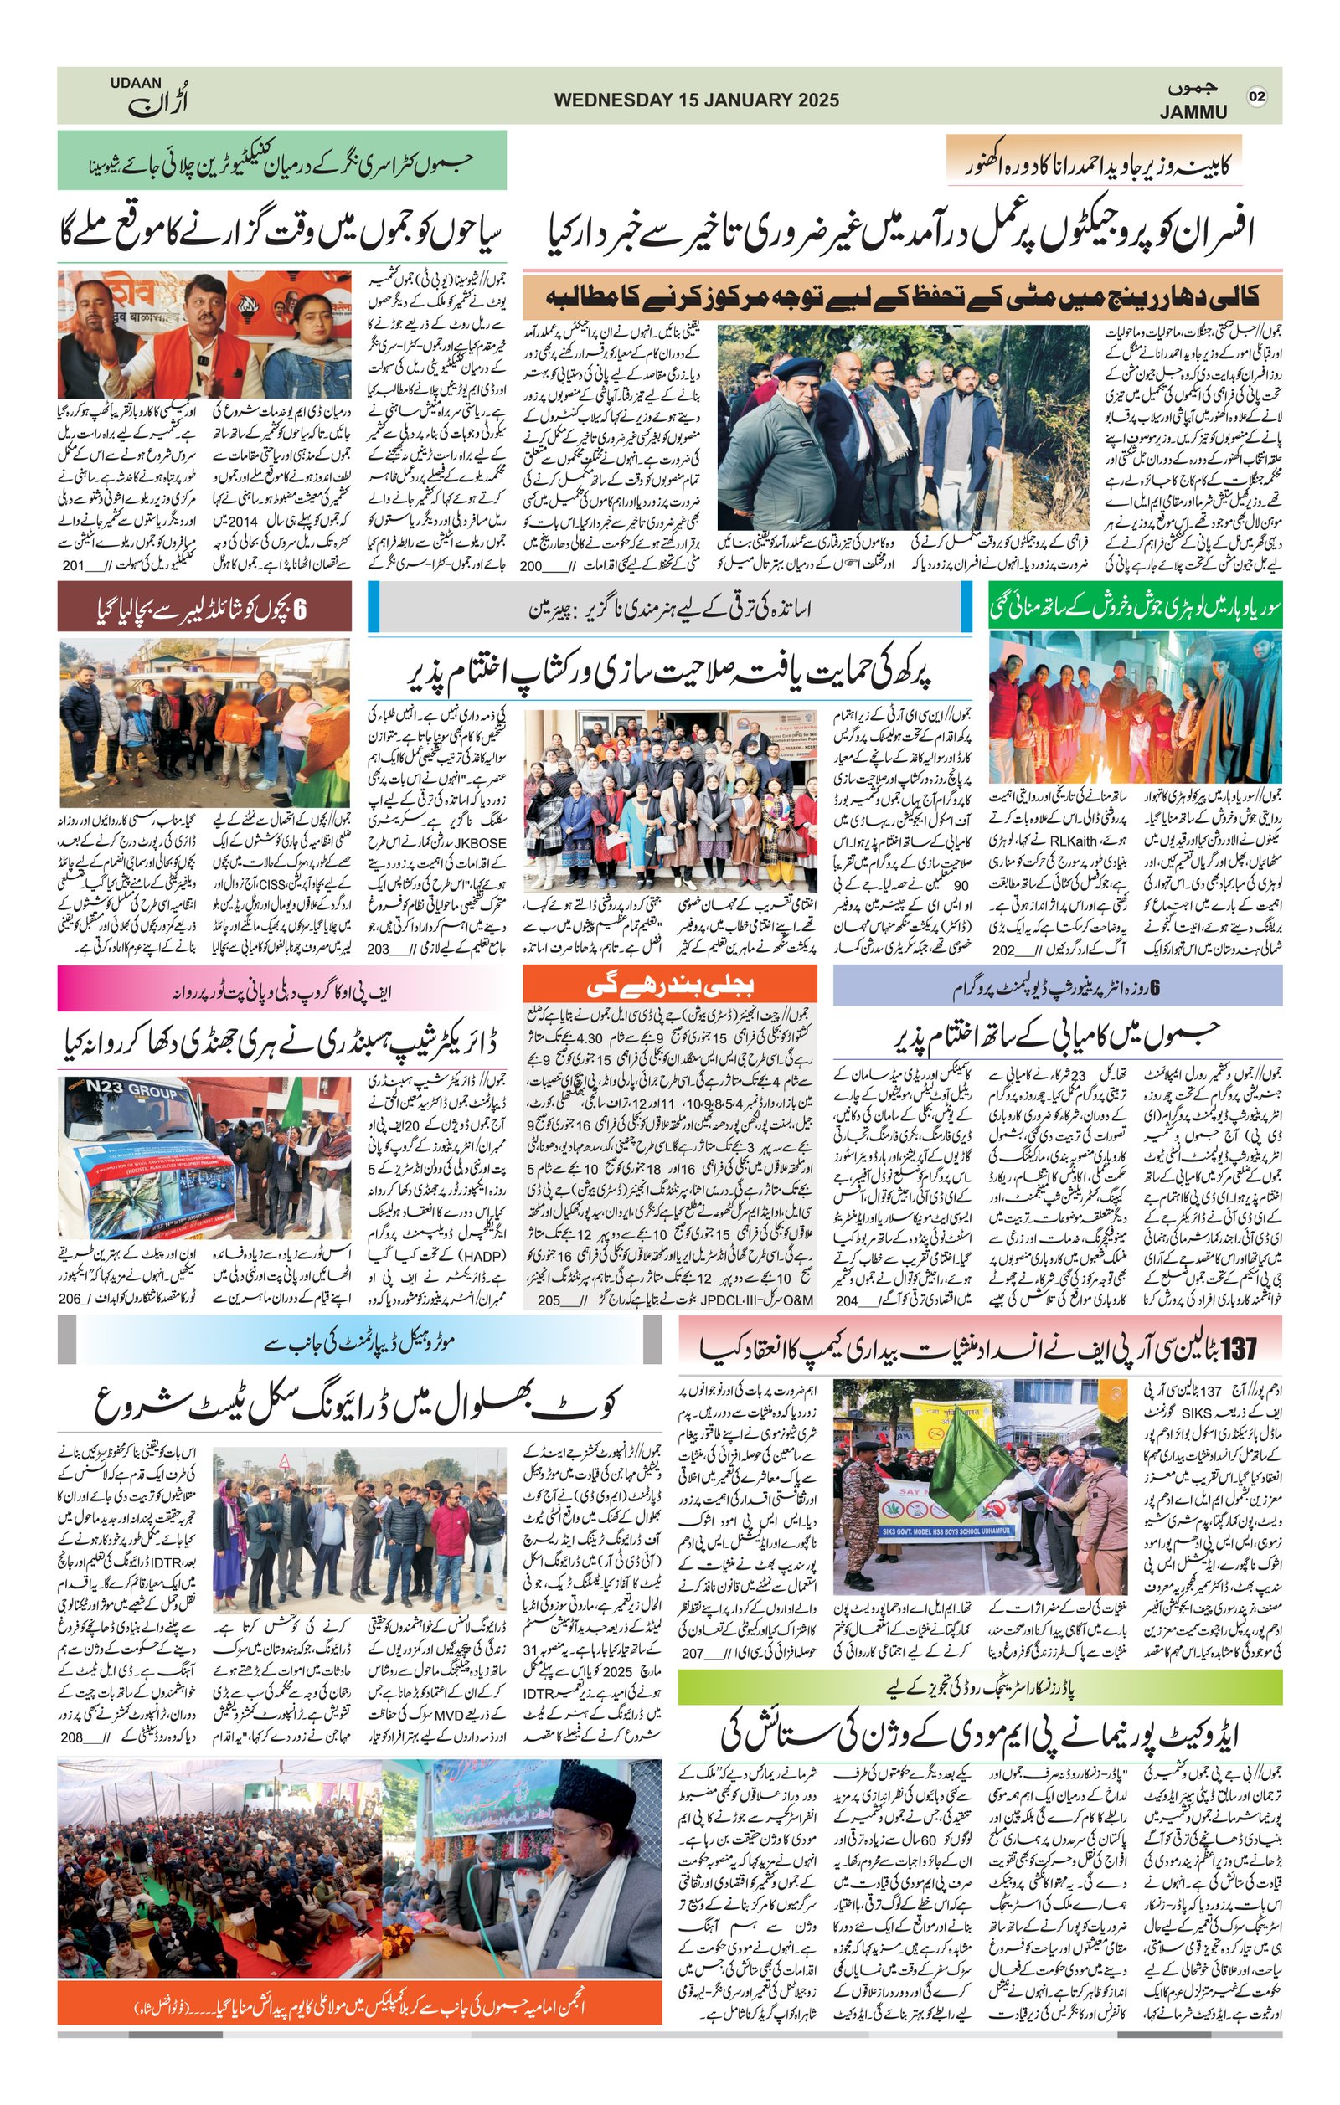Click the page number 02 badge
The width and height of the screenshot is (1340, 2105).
click(x=1257, y=96)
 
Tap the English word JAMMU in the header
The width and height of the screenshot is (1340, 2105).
click(x=1193, y=112)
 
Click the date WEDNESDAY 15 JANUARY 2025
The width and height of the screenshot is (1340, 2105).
click(x=696, y=100)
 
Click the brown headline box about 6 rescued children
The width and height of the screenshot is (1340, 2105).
click(x=204, y=608)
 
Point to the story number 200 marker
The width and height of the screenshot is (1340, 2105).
click(x=532, y=567)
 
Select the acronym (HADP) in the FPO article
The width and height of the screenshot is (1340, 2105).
click(x=392, y=1255)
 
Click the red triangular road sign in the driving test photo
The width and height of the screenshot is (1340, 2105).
click(x=284, y=1461)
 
